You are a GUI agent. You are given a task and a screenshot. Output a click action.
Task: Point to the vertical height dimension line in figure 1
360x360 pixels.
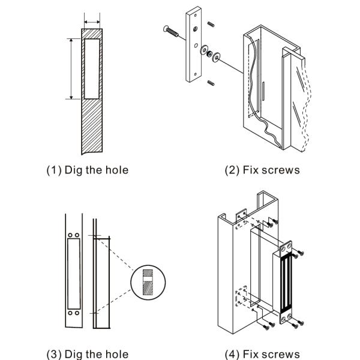[x=71, y=68]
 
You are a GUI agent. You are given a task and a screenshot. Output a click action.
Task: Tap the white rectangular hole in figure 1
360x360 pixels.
[x=92, y=68]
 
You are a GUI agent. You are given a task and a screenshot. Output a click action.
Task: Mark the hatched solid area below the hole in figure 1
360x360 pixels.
[x=92, y=126]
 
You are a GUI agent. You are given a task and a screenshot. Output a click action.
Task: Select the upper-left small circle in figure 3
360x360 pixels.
[x=71, y=236]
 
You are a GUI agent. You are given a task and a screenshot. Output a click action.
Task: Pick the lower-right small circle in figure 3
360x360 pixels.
[x=77, y=313]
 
